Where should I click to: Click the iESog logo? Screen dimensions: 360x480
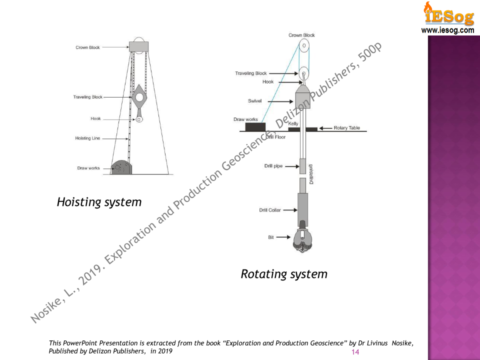coord(448,13)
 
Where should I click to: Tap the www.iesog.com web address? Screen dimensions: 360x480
coord(448,30)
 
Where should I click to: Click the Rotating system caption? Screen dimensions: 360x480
coord(284,274)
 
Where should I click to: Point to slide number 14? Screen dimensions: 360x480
coord(356,352)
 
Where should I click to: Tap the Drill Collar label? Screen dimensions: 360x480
coord(270,210)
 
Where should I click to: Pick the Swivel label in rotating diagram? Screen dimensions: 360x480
coord(255,100)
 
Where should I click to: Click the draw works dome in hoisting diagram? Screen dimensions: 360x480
coord(121,168)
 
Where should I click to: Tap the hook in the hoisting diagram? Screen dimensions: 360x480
coord(139,119)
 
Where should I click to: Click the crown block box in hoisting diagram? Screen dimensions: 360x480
coord(139,46)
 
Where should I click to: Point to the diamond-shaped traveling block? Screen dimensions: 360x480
coord(139,98)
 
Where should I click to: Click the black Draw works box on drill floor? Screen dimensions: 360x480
coord(255,127)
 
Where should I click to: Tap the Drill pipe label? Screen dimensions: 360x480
coord(273,165)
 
